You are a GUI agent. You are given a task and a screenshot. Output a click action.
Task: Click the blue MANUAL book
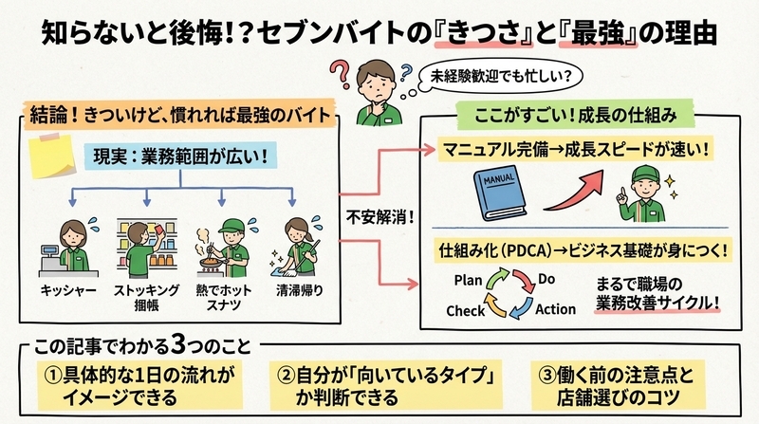coord(500,193)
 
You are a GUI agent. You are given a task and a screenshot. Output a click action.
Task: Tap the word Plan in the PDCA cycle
coord(468,280)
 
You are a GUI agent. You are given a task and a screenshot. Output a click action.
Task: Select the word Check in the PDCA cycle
coord(465,310)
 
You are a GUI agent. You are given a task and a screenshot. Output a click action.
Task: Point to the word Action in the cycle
coord(555,309)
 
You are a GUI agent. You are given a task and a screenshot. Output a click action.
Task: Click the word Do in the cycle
coord(546,279)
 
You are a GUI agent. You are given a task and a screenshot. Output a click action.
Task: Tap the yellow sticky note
coord(51,156)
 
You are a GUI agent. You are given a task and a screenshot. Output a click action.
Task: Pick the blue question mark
coord(406,73)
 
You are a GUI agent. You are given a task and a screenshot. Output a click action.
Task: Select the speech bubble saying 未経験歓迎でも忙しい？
coord(500,76)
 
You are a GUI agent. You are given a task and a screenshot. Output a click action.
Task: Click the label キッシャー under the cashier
coord(68,290)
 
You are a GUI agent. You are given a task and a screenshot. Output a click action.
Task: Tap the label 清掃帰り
coord(299,290)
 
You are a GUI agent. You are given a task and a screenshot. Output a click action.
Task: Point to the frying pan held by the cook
coord(212,263)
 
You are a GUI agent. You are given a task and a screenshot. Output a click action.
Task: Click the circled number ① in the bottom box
coord(52,375)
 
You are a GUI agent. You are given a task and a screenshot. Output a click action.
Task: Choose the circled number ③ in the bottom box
coord(546,375)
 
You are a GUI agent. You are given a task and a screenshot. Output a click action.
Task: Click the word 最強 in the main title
coord(598,34)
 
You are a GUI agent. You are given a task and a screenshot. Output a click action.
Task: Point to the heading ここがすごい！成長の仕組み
coord(576,115)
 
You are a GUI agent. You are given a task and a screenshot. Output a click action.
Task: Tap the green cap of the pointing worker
coord(645,174)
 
